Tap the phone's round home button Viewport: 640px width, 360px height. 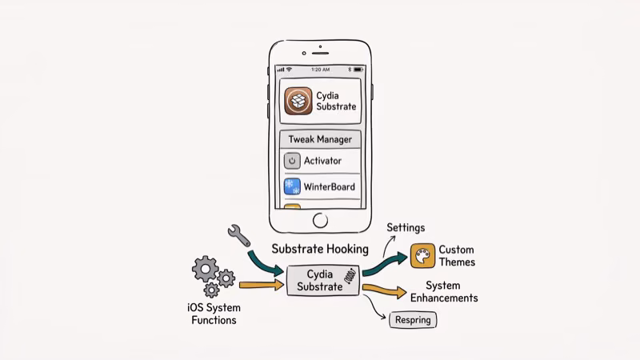320,220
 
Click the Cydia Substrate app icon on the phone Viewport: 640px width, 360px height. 298,100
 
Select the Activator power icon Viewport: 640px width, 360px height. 292,161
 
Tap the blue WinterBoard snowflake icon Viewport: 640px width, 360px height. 292,187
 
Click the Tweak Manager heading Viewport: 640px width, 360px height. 320,139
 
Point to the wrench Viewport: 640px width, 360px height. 238,234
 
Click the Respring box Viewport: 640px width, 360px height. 413,321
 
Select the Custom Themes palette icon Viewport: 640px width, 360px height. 422,256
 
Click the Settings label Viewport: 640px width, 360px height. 406,228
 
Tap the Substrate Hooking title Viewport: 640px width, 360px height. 320,249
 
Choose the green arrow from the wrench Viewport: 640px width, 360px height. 266,261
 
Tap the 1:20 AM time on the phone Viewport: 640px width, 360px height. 320,70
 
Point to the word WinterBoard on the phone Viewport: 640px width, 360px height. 329,187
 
